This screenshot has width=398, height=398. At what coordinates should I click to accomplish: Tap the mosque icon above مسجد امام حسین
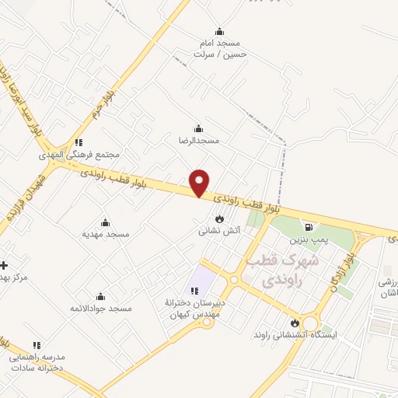(x=219, y=32)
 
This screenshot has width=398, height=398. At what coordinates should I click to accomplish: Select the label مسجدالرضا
(x=200, y=141)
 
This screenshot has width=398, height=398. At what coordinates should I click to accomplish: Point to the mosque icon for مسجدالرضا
(x=199, y=129)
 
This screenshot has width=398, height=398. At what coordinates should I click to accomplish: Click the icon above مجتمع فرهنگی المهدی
(x=79, y=143)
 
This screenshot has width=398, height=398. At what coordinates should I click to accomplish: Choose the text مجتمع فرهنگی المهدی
(x=81, y=155)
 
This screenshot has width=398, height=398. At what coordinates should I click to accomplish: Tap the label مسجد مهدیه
(x=106, y=234)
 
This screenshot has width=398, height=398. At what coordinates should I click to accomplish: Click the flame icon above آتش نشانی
(x=219, y=219)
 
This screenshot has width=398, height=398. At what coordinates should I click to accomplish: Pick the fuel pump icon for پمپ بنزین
(x=309, y=228)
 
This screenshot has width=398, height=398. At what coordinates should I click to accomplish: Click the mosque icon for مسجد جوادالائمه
(x=100, y=296)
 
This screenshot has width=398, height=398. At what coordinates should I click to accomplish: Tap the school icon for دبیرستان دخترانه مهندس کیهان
(x=194, y=291)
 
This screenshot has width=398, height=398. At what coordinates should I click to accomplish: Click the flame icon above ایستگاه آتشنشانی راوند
(x=295, y=323)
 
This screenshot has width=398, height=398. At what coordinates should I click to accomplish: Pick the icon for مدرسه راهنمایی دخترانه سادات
(x=37, y=345)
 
